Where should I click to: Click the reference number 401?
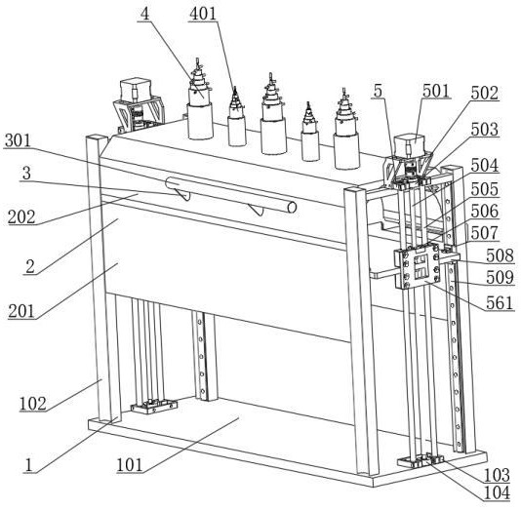point(203,14)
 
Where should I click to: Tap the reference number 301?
point(18,140)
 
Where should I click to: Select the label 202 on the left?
point(21,217)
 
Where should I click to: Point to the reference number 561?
point(501,303)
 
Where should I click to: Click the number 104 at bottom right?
point(497,492)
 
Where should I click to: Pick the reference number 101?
point(130,465)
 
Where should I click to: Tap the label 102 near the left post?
point(33,404)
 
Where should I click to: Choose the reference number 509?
point(501,278)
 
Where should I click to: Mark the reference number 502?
point(485,94)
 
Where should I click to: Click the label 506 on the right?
point(485,212)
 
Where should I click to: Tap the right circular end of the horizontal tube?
point(292,207)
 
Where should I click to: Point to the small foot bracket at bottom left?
point(154,406)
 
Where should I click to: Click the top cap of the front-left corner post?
point(97,137)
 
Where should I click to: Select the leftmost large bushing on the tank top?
point(200,99)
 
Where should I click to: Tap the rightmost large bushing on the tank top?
point(347,130)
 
